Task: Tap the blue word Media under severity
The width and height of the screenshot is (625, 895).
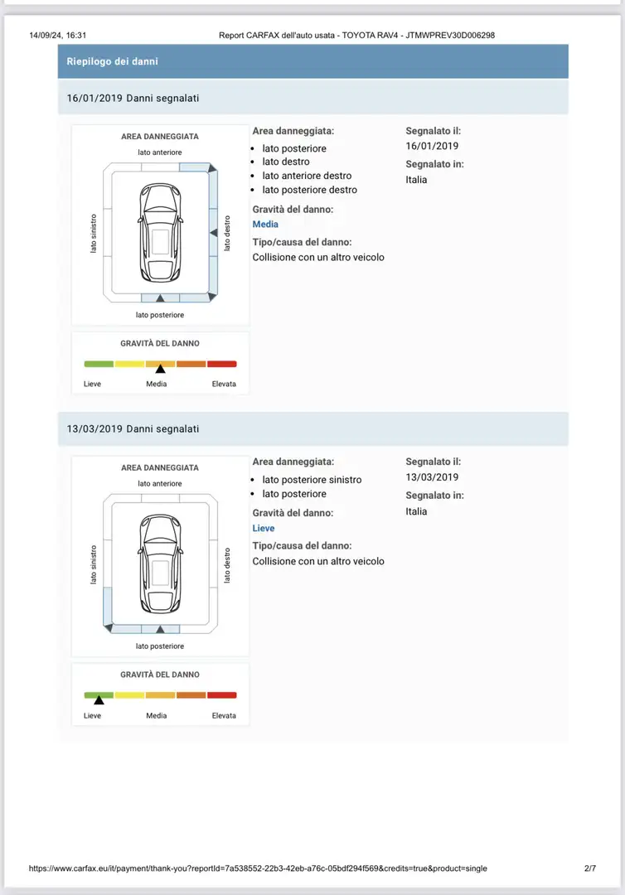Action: (265, 225)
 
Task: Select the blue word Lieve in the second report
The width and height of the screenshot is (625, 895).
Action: (264, 529)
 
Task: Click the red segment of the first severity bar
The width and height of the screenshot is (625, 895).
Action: (222, 364)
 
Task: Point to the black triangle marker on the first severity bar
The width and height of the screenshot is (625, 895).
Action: (160, 369)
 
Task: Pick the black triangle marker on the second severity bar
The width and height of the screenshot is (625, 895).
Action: (99, 700)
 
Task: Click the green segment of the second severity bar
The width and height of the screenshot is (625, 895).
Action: (99, 695)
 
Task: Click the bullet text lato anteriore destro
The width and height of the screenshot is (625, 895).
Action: (307, 176)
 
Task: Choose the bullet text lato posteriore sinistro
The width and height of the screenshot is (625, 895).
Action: (312, 480)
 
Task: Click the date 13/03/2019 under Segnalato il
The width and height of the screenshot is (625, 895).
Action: (432, 477)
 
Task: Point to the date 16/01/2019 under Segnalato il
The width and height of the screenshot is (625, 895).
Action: (432, 146)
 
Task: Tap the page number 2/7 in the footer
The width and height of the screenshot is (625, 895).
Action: (590, 868)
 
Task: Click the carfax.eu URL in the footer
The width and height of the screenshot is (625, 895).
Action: (258, 868)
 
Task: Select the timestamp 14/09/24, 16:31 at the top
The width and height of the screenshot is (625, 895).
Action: (58, 36)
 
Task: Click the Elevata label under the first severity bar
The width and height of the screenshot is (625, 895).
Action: (224, 385)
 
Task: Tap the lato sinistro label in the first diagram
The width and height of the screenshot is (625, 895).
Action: (93, 234)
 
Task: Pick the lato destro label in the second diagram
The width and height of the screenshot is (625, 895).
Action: (226, 564)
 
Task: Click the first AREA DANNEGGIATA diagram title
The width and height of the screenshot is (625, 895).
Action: (160, 137)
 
